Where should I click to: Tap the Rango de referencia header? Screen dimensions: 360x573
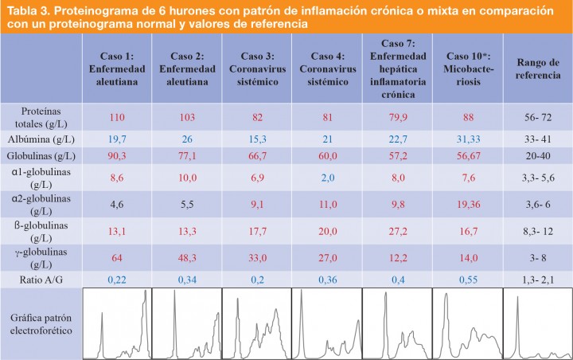[537, 68]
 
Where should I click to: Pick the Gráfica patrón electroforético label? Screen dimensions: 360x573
[41, 323]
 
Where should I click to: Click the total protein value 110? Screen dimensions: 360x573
[117, 118]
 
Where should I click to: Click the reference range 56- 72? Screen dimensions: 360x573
[537, 118]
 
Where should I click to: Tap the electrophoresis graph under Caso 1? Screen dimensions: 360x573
[117, 323]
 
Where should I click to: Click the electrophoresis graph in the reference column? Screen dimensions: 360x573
[537, 323]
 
